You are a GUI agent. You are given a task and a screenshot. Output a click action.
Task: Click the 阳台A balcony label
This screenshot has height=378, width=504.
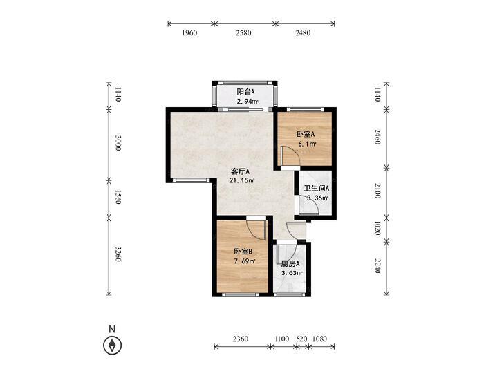coord(246,92)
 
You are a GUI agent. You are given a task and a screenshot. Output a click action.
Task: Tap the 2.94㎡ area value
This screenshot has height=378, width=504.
coord(247,102)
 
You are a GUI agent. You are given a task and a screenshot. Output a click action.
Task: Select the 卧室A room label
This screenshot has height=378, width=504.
coord(306,134)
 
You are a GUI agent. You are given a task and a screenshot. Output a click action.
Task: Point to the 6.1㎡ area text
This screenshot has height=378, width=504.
coord(306,144)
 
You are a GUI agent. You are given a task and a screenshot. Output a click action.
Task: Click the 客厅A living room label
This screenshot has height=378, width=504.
coord(240,171)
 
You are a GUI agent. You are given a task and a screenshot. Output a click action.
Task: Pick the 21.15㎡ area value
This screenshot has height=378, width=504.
coord(241,181)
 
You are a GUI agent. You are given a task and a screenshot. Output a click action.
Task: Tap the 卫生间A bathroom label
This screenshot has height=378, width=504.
coord(317,188)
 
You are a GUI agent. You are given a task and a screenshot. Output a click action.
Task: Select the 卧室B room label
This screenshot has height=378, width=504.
coord(243,252)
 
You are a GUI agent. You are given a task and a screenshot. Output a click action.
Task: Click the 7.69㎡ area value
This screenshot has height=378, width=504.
coord(243,261)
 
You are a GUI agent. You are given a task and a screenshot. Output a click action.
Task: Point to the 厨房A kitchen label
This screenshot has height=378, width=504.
coord(290,263)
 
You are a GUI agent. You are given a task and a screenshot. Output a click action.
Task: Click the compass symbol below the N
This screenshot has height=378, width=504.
coord(111,345)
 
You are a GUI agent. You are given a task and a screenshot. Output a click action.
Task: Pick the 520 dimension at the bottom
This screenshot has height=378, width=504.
coord(301,339)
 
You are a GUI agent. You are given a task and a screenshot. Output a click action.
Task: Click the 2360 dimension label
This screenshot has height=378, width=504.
coord(241,339)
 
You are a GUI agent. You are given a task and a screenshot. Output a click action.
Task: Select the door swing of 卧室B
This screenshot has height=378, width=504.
coord(256,229)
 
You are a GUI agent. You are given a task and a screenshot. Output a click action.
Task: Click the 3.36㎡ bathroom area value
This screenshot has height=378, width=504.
coord(317,198)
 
